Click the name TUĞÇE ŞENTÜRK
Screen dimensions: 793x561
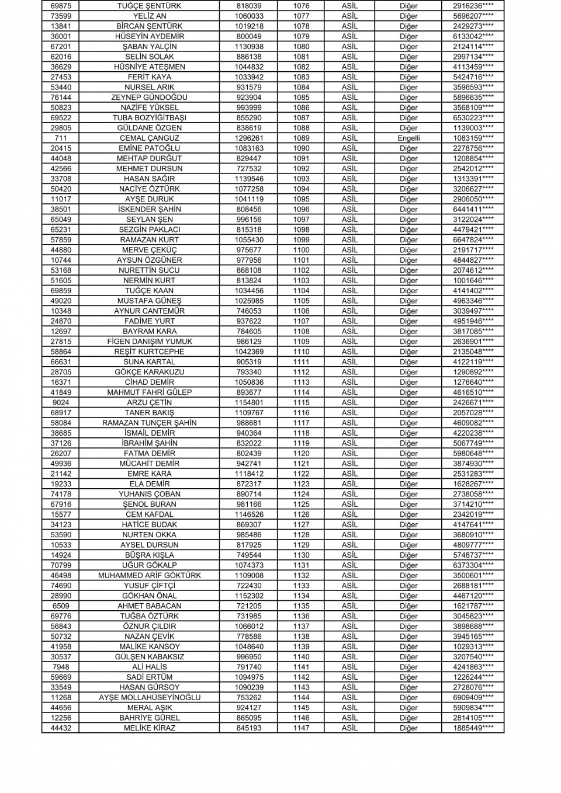[x=149, y=6]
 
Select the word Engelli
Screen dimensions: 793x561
[x=408, y=138]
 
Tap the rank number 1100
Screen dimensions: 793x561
[x=301, y=250]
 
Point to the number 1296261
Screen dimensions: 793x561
[x=249, y=138]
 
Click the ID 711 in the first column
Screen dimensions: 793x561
[x=61, y=138]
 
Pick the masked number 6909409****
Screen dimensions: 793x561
[x=473, y=698]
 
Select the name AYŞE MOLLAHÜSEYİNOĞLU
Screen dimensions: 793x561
[x=149, y=698]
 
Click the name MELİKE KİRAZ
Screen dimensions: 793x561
[x=149, y=728]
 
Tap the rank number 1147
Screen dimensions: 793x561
[x=301, y=728]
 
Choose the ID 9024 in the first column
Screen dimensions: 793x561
[x=61, y=403]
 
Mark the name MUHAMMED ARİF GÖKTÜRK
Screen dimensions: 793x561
[x=149, y=576]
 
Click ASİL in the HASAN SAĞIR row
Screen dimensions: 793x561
[x=349, y=179]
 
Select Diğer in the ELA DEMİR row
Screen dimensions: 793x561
[x=408, y=484]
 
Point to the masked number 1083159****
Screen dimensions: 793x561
[x=473, y=138]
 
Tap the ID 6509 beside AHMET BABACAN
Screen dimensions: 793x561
[x=61, y=606]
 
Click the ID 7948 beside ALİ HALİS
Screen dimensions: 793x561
[x=61, y=667]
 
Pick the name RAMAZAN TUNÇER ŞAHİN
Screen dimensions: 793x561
[x=149, y=423]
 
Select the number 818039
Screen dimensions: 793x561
[x=249, y=6]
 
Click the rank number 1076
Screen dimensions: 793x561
[x=301, y=6]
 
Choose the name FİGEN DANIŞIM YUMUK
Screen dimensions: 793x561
[x=149, y=342]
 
